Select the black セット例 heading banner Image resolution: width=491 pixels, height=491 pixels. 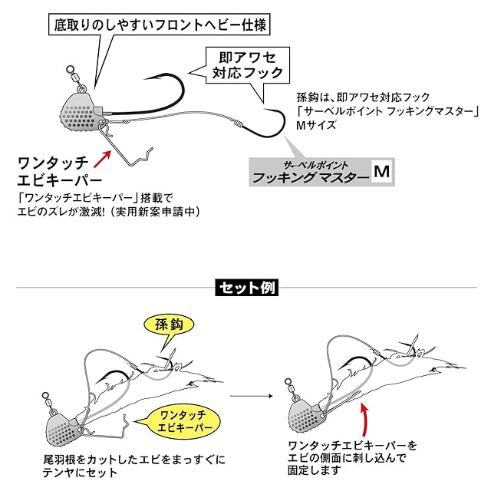[x=245, y=288]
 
